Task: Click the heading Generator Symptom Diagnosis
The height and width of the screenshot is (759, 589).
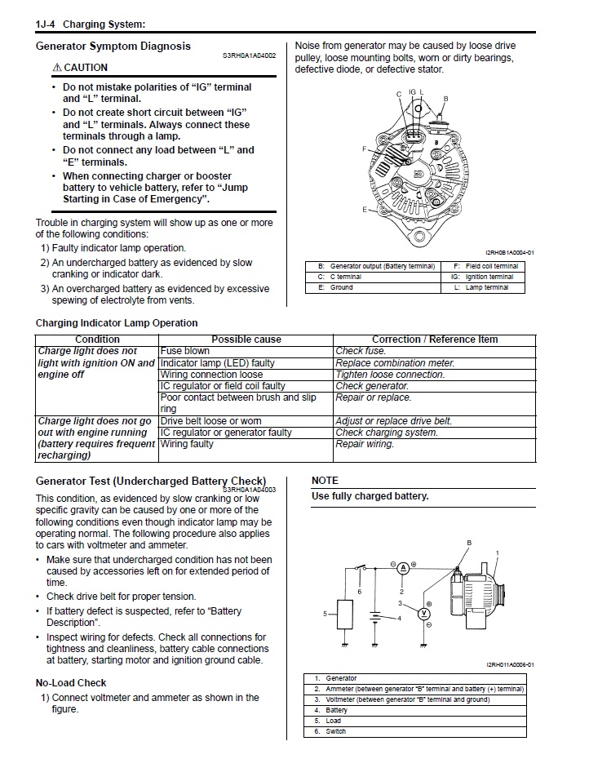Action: tap(113, 47)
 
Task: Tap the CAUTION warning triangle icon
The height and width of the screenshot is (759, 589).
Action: tap(55, 68)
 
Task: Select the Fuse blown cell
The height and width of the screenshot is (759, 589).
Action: tap(185, 351)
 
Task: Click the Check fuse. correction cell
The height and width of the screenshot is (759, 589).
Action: tap(361, 351)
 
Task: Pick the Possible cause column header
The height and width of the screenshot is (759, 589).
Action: tap(246, 340)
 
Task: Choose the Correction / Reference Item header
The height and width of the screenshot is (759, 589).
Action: tap(435, 340)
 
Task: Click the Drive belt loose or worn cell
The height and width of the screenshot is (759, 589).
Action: tap(210, 421)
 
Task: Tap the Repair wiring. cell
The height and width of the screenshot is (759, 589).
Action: tap(365, 444)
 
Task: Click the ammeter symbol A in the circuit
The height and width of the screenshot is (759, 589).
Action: tap(403, 566)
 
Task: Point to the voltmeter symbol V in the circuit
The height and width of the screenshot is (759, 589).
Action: tap(423, 613)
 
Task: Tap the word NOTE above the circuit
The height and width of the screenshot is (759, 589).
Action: tap(325, 481)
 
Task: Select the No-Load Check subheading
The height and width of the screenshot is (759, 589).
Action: tap(71, 682)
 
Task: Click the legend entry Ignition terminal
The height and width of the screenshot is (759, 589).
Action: tap(489, 277)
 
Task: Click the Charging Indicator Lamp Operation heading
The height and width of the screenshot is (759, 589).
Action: tap(117, 323)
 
